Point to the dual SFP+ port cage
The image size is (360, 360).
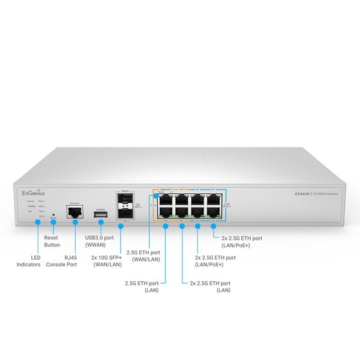pyautogui.click(x=125, y=206)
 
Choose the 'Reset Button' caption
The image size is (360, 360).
pyautogui.click(x=53, y=241)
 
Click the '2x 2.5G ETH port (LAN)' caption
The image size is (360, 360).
pyautogui.click(x=210, y=285)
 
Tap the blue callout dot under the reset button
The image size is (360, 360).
pyautogui.click(x=53, y=222)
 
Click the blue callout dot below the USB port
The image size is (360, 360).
pyautogui.click(x=100, y=222)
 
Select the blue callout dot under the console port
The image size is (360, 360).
pyautogui.click(x=75, y=222)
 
